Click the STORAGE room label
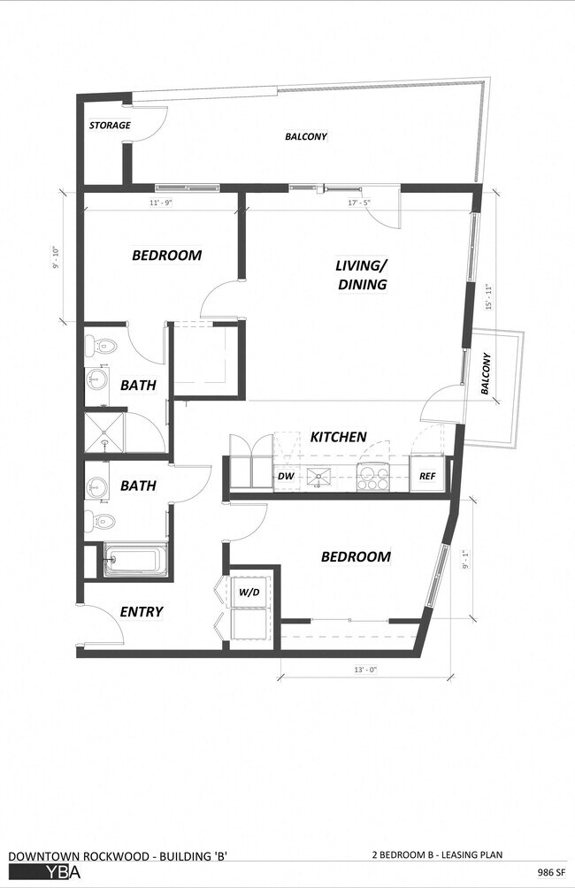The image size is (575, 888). pyautogui.click(x=110, y=126)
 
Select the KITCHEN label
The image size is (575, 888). pyautogui.click(x=338, y=437)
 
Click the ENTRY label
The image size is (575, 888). pyautogui.click(x=142, y=612)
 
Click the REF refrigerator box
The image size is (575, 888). pyautogui.click(x=428, y=477)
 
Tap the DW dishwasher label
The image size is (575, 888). pyautogui.click(x=287, y=478)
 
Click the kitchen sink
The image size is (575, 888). pyautogui.click(x=316, y=478)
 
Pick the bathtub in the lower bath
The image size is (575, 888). pyautogui.click(x=134, y=560)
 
